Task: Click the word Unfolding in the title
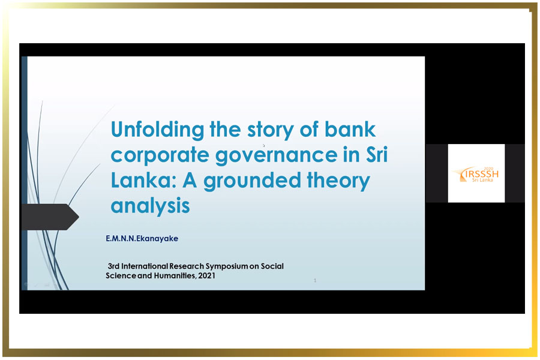click(157, 130)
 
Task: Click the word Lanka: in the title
click(143, 180)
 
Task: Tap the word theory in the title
click(338, 181)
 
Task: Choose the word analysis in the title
click(150, 206)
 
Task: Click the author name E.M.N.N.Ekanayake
click(142, 238)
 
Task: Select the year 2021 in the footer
click(206, 275)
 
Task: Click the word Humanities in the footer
click(175, 275)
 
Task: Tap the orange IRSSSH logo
click(476, 175)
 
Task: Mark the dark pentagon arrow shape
click(50, 217)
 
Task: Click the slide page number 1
click(315, 280)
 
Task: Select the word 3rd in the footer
click(113, 266)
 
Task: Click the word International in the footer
click(145, 266)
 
